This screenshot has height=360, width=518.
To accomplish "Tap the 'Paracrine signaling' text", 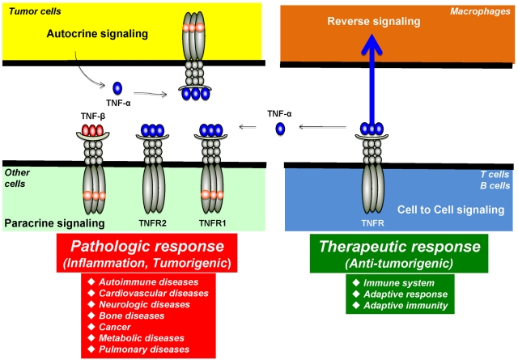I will point(53,222).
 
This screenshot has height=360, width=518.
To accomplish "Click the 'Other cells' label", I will point(18,177).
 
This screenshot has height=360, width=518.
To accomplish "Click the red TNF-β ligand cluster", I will point(93,129).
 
